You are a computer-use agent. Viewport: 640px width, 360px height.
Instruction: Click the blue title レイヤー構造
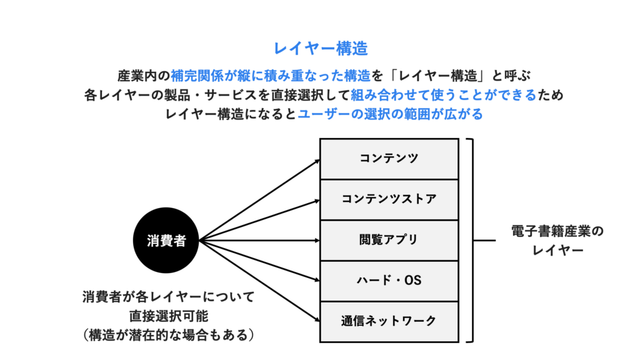(x=320, y=48)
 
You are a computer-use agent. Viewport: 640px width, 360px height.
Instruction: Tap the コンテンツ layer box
(x=389, y=159)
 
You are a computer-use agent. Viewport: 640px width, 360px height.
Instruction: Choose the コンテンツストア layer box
(x=389, y=199)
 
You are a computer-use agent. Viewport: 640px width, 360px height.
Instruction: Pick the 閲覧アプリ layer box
(x=389, y=240)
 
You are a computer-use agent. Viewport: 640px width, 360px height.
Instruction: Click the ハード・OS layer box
(x=389, y=281)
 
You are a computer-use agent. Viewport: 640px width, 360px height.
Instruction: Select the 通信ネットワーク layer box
(x=389, y=321)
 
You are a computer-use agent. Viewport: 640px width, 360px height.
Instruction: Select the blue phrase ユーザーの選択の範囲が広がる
(x=390, y=115)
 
